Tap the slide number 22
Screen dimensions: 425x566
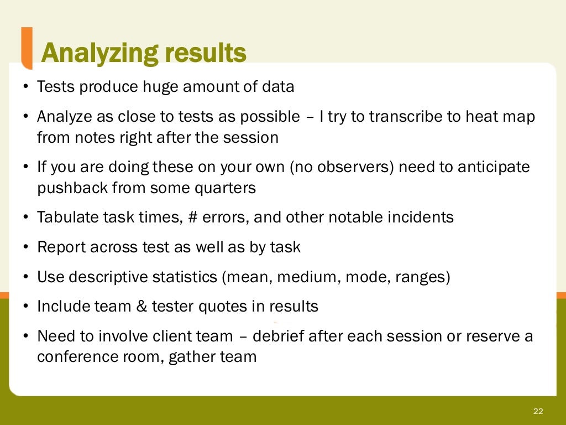[538, 411]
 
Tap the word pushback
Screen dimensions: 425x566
[72, 188]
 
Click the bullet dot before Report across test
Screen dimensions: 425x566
[25, 247]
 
